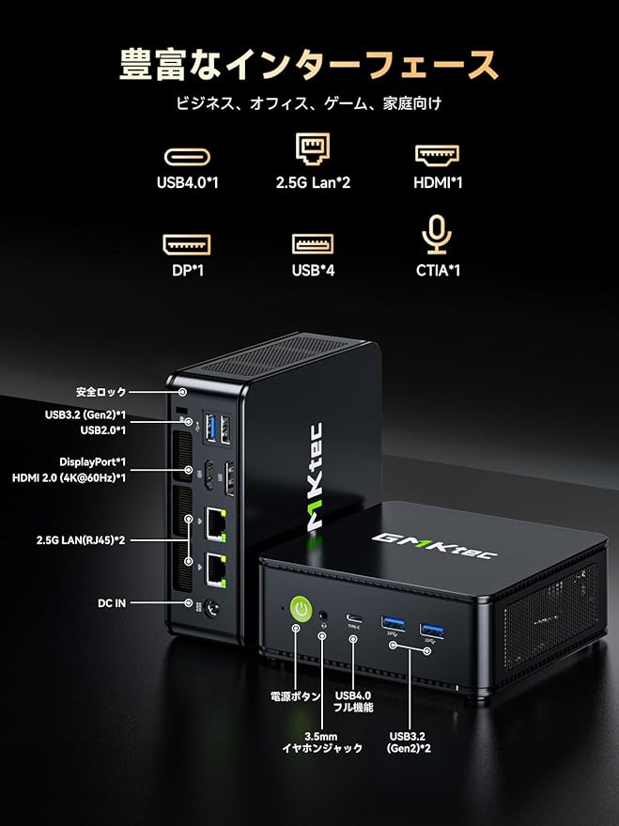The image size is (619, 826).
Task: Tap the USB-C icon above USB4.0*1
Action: (187, 156)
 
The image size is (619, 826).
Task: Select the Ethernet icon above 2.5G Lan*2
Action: (313, 149)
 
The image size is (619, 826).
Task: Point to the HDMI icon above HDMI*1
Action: (437, 154)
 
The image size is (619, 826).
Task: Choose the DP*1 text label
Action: (187, 271)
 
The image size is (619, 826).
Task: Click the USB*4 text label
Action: (313, 271)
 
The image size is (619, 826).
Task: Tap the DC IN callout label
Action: (112, 603)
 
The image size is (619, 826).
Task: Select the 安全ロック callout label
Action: (101, 392)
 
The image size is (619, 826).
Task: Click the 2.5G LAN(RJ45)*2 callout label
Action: (81, 540)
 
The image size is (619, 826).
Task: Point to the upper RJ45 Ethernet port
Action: (215, 523)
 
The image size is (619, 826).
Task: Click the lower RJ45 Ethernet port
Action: (214, 569)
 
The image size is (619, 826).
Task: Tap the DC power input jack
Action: (212, 609)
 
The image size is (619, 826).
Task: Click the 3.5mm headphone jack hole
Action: (323, 615)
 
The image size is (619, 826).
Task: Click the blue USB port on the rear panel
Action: (211, 428)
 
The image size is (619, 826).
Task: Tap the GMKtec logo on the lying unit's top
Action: (435, 545)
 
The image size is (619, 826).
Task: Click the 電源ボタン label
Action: (295, 696)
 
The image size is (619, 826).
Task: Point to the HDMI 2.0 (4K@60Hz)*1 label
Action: (69, 478)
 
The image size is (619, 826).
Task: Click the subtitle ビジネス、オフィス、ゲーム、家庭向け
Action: (309, 103)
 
